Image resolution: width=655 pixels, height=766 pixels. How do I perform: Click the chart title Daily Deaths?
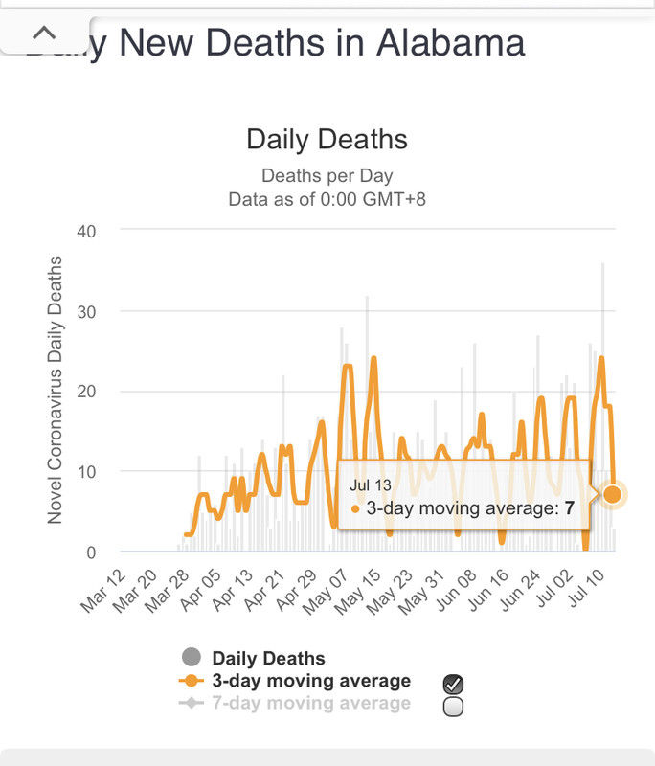coord(327,140)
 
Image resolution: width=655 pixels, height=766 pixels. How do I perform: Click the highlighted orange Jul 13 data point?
coord(613,494)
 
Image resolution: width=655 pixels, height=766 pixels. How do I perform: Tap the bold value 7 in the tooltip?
coord(569,508)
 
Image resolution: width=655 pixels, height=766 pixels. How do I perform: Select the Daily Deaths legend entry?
coord(267,658)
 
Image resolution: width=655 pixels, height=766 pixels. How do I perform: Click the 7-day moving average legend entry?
coord(310,704)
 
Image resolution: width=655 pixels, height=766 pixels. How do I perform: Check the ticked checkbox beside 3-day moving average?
coord(454,684)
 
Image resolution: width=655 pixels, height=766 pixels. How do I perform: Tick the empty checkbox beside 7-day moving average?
coord(454,707)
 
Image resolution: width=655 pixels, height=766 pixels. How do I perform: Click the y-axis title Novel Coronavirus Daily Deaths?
coord(55,390)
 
